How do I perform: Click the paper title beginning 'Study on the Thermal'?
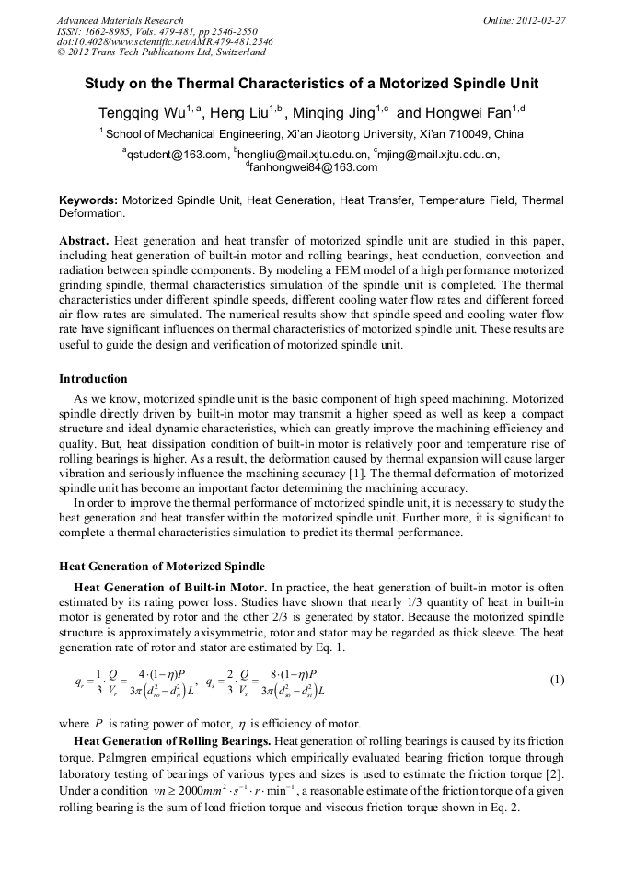click(311, 84)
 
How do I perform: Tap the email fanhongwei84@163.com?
click(314, 167)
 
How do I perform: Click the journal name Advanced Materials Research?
click(121, 20)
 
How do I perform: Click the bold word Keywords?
click(88, 200)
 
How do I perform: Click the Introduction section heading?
click(93, 379)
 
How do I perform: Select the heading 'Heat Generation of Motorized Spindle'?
click(162, 566)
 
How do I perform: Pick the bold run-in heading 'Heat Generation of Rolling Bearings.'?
click(172, 741)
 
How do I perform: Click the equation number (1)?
click(556, 680)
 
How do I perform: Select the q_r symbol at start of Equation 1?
click(80, 682)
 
